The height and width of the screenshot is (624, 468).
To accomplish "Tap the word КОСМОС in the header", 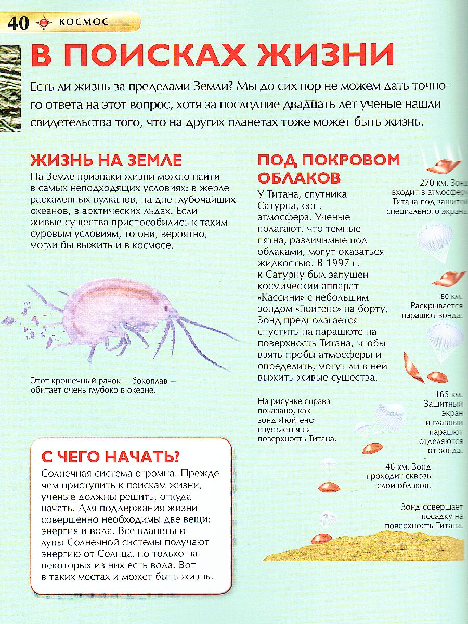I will pos(84,22).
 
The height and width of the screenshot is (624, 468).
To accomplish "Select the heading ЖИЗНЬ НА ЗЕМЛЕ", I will pos(106,159).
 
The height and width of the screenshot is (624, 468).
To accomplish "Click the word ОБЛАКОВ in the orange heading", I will pos(299,178).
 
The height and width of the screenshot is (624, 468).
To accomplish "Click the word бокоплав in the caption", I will pos(148,380).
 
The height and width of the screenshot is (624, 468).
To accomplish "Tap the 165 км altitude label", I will pos(450,394).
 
